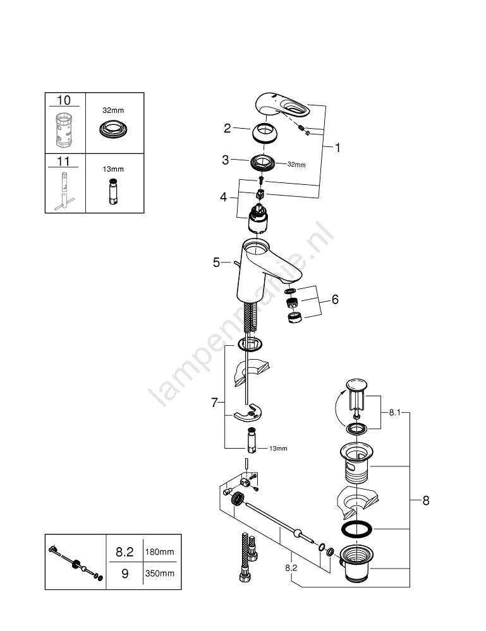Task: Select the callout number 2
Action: [227, 129]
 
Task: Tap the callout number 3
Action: [226, 160]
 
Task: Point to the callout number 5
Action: [217, 262]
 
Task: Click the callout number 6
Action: [335, 299]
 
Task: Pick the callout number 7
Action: [215, 402]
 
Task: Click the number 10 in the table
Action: [64, 100]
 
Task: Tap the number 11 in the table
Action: [64, 161]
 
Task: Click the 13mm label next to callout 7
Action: [278, 449]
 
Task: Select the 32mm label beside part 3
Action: [296, 165]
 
